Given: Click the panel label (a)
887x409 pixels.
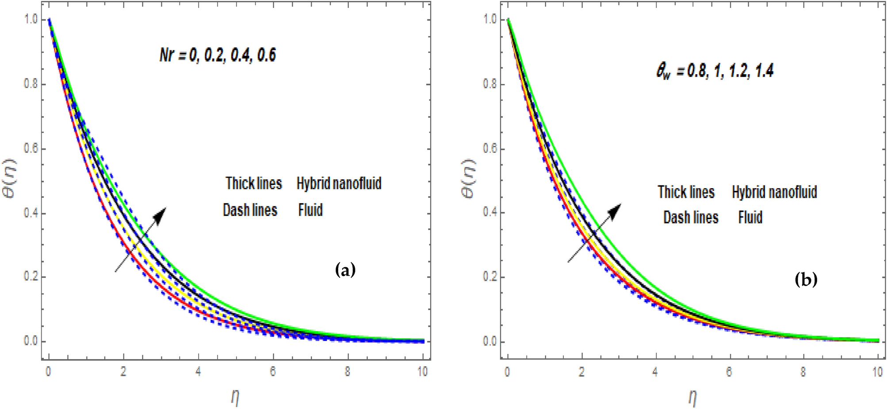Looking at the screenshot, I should click(345, 269).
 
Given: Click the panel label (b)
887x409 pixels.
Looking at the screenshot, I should click(806, 280).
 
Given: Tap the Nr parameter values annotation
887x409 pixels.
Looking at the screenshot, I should click(218, 56).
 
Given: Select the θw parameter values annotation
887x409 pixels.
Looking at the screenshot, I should click(715, 71).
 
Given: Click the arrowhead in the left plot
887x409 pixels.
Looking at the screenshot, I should click(160, 214).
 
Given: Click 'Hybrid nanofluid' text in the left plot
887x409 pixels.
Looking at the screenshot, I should click(339, 183).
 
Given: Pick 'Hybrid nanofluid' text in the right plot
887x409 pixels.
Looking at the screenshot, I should click(774, 192).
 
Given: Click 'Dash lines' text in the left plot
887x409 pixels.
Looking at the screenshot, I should click(250, 210).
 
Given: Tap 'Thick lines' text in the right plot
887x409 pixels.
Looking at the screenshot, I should click(686, 192).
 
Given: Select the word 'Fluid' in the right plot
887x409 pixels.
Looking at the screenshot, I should click(750, 217).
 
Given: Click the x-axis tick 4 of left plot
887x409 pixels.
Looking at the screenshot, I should click(198, 372).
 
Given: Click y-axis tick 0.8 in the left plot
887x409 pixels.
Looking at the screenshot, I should click(31, 84).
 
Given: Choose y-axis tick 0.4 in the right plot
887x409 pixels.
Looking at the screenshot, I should click(490, 212).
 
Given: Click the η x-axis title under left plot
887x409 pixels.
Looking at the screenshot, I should click(235, 397).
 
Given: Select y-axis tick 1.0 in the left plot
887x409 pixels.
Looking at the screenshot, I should click(31, 20).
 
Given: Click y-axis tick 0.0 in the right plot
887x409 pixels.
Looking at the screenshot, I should click(490, 341).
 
